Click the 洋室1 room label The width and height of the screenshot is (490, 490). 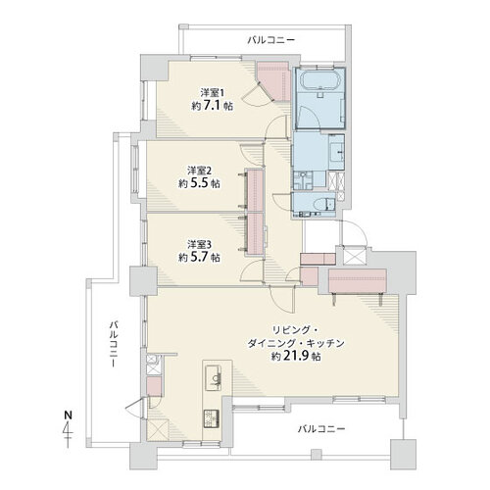click(213, 93)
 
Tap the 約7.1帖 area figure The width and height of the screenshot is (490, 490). click(213, 106)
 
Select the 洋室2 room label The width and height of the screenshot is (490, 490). click(199, 171)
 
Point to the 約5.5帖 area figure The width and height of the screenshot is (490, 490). click(199, 183)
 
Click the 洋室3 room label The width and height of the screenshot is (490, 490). click(199, 244)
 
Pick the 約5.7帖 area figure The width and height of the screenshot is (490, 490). click(199, 258)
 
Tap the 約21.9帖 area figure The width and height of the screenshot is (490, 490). click(297, 357)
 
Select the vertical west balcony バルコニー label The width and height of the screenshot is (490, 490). click(114, 344)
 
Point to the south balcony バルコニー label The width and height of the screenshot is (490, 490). click(321, 428)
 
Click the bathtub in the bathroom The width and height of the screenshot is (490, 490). click(320, 80)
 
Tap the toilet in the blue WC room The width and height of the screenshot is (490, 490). click(322, 205)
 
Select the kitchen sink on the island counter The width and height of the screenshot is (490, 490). click(214, 378)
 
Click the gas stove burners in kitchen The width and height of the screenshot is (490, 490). click(212, 418)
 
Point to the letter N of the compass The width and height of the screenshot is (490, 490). click(68, 416)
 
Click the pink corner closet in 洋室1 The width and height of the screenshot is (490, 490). click(275, 80)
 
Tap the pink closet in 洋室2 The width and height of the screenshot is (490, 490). click(256, 191)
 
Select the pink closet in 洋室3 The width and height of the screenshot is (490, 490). click(256, 233)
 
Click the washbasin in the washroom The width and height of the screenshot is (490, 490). click(336, 152)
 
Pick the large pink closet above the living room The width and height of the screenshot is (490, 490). click(358, 281)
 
